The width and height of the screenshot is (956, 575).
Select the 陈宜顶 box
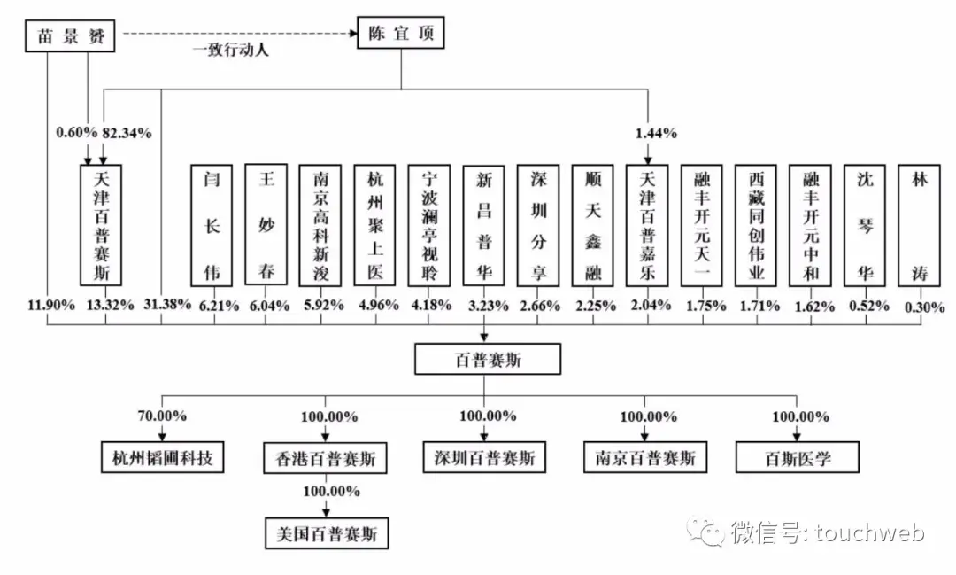pos(400,35)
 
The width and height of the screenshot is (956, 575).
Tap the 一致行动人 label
pos(231,51)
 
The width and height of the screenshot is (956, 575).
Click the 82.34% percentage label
pos(127,133)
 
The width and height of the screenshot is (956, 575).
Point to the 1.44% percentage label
pos(656,133)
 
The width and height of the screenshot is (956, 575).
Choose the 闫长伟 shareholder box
pos(212,224)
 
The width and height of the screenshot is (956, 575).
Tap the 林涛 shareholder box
pos(920,224)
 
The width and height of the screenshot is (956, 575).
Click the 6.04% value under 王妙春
pos(266,307)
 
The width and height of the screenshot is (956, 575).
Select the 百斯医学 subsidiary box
pos(799,457)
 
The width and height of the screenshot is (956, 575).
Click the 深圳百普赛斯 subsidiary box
pos(483,457)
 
